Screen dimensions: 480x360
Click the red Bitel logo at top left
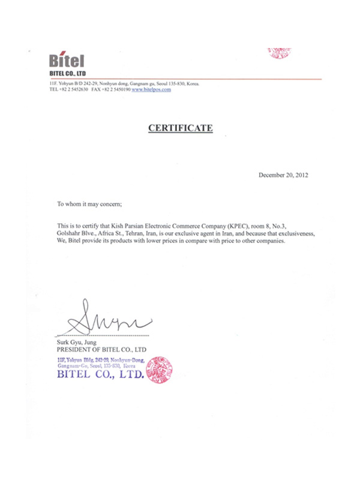[67, 61]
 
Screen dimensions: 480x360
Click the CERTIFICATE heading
[181, 127]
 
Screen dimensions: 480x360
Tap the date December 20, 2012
[283, 175]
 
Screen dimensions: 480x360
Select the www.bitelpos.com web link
[151, 89]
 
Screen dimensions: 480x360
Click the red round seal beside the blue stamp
[159, 370]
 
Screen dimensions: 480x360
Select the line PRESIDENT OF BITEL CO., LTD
[101, 349]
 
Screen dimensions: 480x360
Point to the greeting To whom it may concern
[89, 204]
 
